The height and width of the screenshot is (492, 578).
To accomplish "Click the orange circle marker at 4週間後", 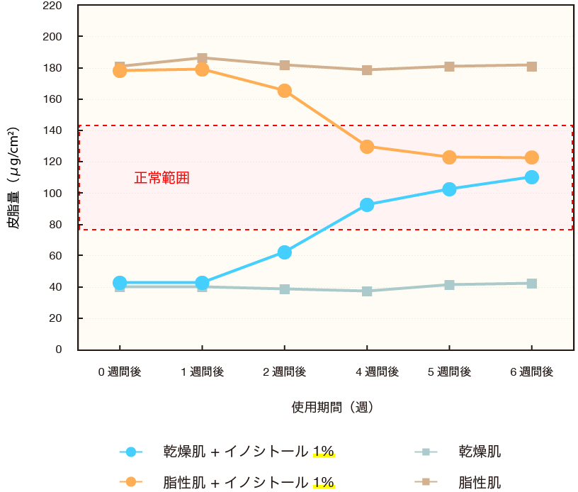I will pos(367,147).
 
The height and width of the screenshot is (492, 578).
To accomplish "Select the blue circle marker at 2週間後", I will pos(285,252).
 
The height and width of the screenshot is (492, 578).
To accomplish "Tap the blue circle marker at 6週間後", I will pos(532,177).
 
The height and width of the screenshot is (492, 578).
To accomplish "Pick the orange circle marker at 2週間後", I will pos(285,91).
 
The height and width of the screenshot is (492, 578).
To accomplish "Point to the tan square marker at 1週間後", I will pos(202,58).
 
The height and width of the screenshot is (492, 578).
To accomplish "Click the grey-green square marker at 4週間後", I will pos(367,291).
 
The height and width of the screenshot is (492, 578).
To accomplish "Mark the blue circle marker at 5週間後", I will pos(449,189).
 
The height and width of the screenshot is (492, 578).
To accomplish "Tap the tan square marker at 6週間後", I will pos(532,66).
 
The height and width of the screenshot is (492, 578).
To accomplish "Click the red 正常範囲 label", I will pos(162,178).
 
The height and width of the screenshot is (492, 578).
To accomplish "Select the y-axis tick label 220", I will pos(52,6).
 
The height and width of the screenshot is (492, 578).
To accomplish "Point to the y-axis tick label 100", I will pos(52,194).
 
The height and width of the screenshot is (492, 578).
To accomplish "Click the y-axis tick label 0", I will pos(59,350).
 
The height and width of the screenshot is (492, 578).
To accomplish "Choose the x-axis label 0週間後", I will pos(120,371).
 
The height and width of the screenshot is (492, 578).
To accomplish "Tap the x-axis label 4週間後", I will pos(367,371).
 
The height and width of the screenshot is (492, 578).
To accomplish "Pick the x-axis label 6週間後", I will pos(532,371).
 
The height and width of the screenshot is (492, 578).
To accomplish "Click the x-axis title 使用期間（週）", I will pos(332,408).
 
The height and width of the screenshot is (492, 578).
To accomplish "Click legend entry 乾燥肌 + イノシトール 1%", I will pos(248,452).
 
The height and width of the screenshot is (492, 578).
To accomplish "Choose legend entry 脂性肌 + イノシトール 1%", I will pos(248,483).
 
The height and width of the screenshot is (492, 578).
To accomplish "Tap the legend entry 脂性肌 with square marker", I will pos(480,483).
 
